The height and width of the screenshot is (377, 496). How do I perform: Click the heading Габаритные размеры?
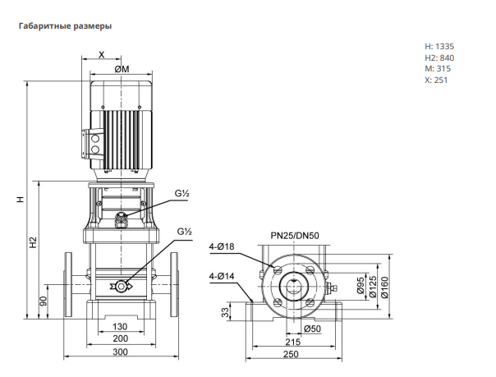coord(65,26)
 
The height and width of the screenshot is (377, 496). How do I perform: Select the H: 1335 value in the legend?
coord(439,47)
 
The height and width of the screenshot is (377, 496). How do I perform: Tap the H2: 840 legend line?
coord(439,57)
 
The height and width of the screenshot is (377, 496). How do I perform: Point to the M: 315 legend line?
coord(438,69)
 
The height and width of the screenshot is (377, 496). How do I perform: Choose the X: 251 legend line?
coord(436,80)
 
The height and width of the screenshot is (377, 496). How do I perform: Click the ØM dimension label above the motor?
coord(122,69)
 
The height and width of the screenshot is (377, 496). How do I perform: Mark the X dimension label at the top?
coord(101,55)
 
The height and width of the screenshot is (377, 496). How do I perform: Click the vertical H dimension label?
coord(21,200)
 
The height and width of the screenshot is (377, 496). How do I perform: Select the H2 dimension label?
coord(34,242)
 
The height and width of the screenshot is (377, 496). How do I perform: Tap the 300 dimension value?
coord(120,352)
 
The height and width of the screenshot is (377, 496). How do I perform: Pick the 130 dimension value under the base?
coord(120,326)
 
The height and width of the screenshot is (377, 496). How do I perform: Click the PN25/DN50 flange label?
coord(295,236)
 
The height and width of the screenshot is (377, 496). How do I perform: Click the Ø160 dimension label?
coord(384,287)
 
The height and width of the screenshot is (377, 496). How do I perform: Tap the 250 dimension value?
coord(291,354)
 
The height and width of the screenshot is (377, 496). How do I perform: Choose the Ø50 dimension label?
coord(312,329)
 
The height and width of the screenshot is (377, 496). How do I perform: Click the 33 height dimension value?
coord(225,312)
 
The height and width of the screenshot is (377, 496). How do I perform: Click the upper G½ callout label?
coord(181,193)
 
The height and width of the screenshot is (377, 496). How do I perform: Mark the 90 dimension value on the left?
coord(44,301)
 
